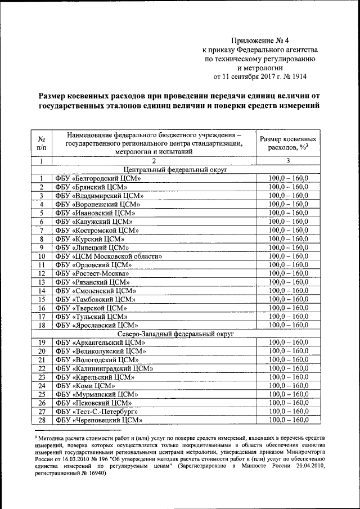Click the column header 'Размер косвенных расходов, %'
(287, 143)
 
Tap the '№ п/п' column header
(42, 143)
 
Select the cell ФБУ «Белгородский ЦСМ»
(97, 179)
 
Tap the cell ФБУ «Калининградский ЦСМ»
(104, 368)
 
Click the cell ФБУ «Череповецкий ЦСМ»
(97, 420)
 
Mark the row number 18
(42, 325)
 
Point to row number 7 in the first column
(42, 231)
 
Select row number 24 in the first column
(42, 386)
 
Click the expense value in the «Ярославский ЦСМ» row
(288, 325)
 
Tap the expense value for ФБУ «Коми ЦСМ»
(288, 386)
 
